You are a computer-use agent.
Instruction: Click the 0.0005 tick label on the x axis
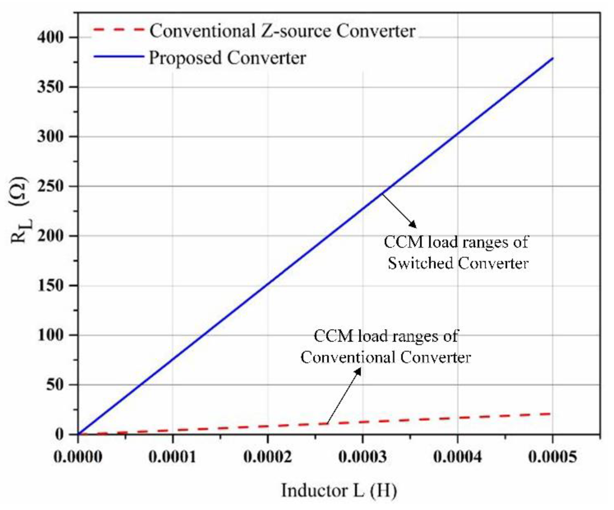(x=552, y=457)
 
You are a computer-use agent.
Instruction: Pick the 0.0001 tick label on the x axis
(x=172, y=457)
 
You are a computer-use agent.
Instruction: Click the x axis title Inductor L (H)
(x=339, y=491)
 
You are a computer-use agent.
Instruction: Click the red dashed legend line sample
(x=119, y=30)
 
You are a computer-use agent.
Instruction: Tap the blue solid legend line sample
(x=119, y=57)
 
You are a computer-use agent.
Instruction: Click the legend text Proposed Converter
(x=227, y=58)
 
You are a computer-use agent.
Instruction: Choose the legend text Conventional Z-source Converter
(x=282, y=31)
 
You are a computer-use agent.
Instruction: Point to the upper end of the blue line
(x=553, y=58)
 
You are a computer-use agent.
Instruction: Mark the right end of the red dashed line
(x=550, y=414)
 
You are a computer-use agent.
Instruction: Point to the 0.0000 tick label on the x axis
(x=77, y=457)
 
